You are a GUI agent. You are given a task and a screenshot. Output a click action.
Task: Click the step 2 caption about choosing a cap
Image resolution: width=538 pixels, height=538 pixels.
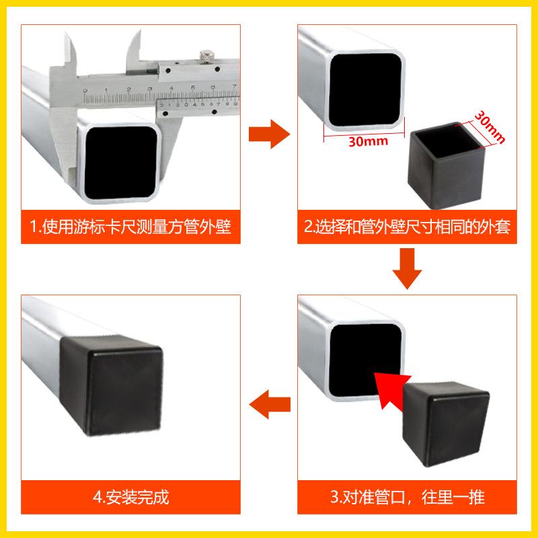pos(407,227)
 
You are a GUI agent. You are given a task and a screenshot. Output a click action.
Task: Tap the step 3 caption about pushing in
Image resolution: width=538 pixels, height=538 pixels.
pos(407,498)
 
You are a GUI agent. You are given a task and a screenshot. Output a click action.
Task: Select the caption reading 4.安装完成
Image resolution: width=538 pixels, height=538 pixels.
pos(130,498)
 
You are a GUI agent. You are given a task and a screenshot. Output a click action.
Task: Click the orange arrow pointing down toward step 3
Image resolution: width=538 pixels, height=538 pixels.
pos(407,268)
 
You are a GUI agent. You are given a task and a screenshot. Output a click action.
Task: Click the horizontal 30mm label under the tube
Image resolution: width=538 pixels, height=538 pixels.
pos(367,143)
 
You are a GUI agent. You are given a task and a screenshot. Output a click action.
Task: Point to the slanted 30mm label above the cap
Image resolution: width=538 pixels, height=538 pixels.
pos(489,126)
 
